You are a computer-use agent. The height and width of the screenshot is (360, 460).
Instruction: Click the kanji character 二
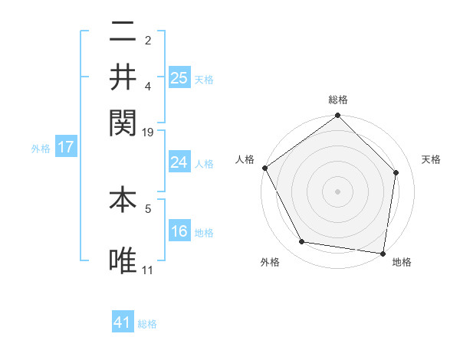123,32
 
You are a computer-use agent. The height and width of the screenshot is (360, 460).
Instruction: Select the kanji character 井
123,76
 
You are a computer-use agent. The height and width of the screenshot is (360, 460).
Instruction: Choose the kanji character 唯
123,260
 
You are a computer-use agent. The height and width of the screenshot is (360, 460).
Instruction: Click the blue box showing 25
179,78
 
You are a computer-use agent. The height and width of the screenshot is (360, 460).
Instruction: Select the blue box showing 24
179,162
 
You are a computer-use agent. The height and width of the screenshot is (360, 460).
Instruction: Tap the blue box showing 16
179,231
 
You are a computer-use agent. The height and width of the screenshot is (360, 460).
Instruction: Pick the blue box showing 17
65,147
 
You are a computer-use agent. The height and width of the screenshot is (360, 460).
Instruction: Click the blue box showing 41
123,322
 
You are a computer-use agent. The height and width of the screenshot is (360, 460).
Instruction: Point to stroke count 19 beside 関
148,133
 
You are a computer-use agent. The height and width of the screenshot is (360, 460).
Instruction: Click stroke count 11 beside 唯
148,270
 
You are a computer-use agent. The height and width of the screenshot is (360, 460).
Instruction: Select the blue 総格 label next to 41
147,324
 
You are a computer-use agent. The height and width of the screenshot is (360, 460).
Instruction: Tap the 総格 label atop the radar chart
338,100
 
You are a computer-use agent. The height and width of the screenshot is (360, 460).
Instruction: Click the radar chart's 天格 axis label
432,159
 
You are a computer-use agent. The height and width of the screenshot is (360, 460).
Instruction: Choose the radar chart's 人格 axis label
245,159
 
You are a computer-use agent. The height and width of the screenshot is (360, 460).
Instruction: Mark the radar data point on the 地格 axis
383,253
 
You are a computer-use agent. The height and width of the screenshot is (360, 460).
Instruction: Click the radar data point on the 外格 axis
302,242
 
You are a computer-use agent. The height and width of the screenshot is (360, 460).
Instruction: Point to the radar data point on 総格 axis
337,116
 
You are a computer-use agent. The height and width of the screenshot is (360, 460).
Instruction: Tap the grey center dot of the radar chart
337,190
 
